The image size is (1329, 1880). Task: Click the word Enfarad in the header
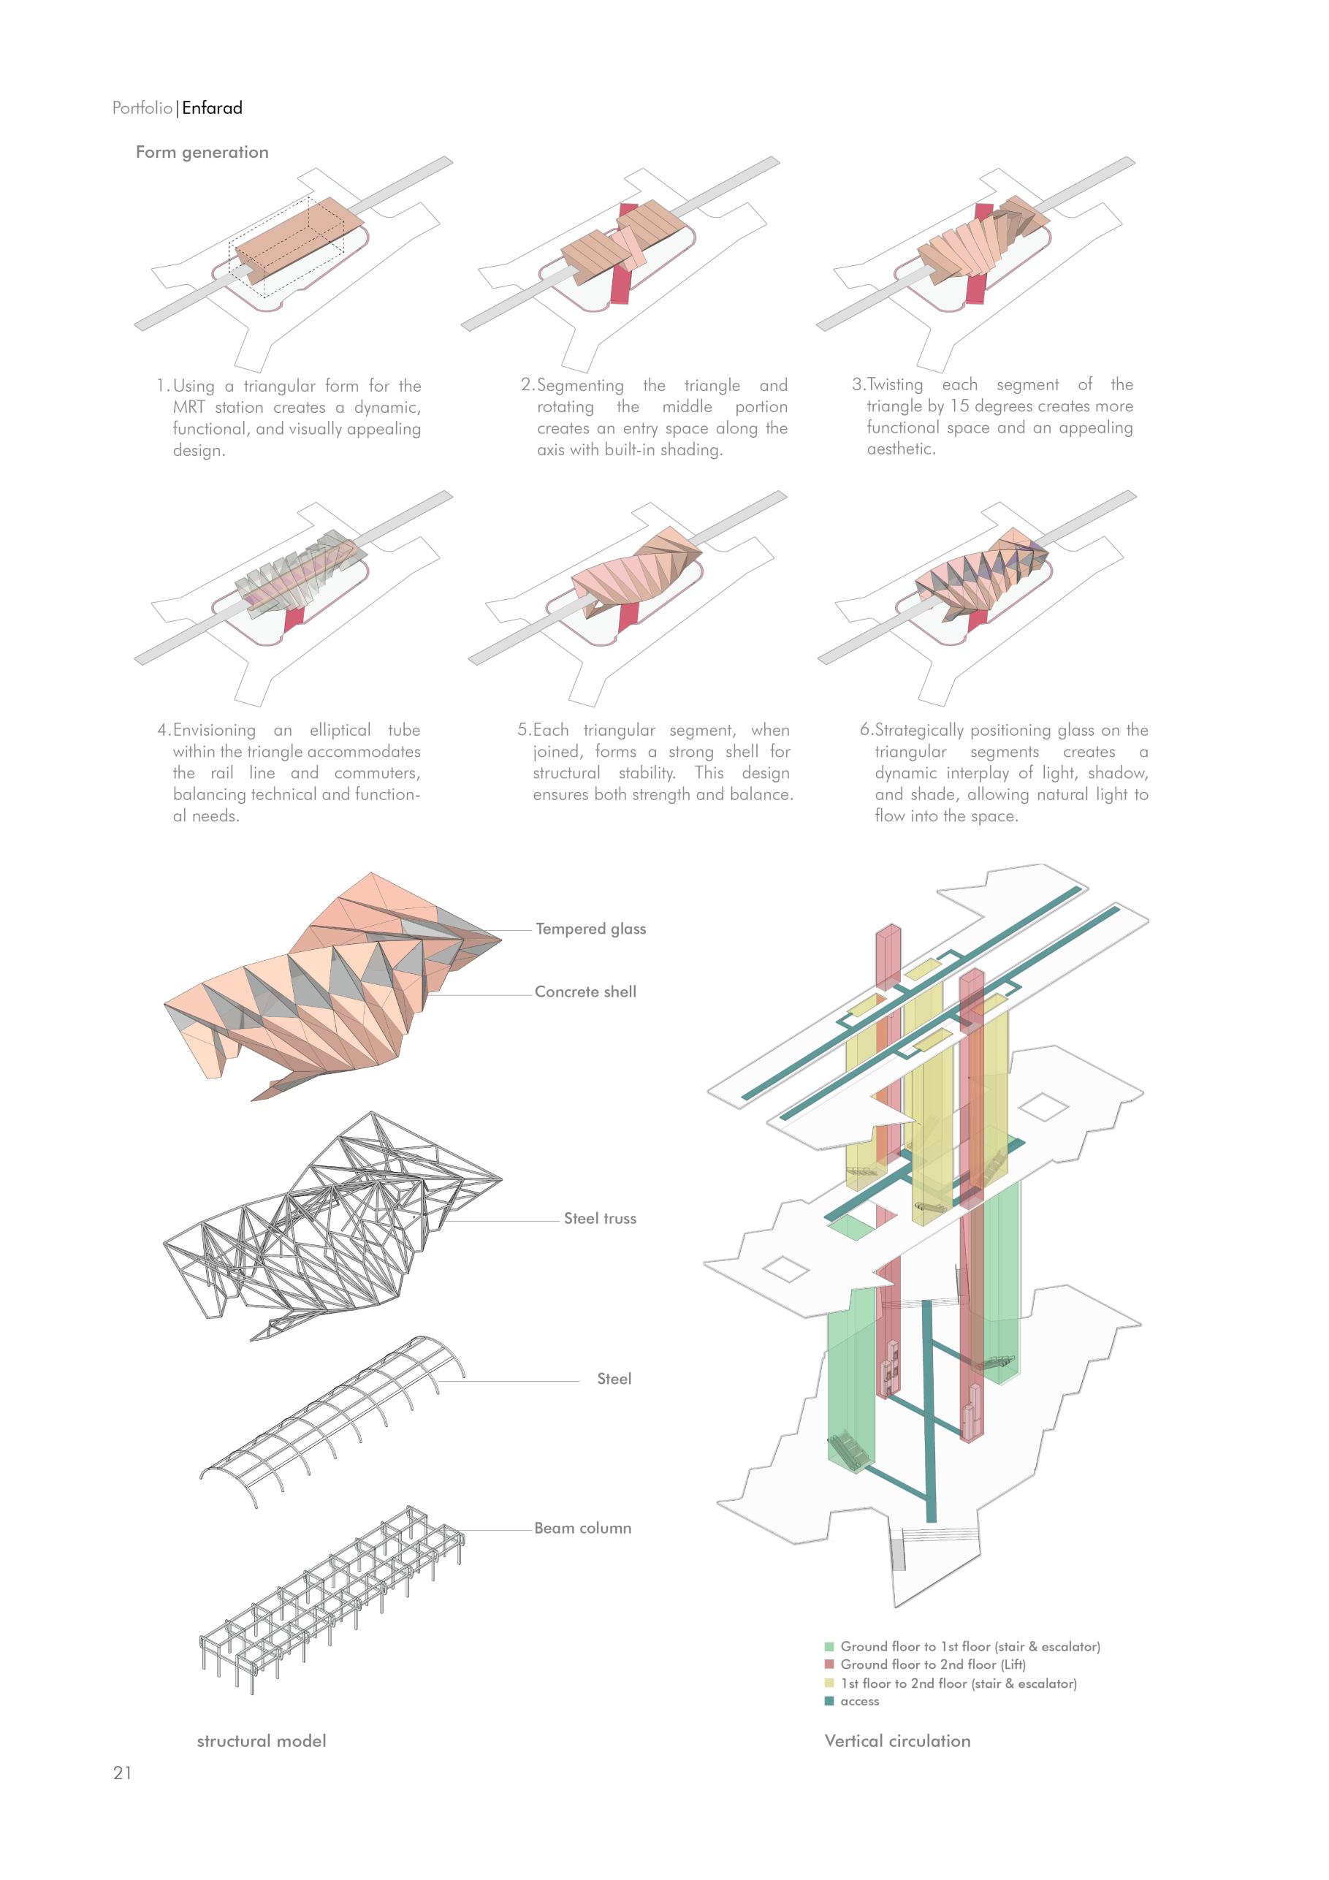click(x=212, y=108)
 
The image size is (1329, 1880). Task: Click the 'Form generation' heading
click(x=202, y=152)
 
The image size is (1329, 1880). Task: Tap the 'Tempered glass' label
click(x=590, y=929)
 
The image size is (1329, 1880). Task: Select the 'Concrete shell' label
click(x=584, y=992)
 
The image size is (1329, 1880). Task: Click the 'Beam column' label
click(x=582, y=1528)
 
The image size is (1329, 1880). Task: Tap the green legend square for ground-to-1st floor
click(x=829, y=1647)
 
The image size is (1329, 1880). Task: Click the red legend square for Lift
click(x=829, y=1664)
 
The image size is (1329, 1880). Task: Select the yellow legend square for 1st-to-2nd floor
click(x=829, y=1683)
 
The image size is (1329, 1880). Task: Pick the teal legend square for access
click(x=829, y=1702)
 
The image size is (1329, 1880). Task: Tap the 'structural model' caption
click(x=262, y=1740)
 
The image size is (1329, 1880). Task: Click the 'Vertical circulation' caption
click(x=897, y=1740)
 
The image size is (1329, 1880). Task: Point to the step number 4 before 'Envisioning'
click(x=163, y=731)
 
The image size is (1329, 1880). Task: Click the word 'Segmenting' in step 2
click(x=581, y=386)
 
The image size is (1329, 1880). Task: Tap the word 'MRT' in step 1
click(x=189, y=408)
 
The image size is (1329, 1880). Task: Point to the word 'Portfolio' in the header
click(x=142, y=108)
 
